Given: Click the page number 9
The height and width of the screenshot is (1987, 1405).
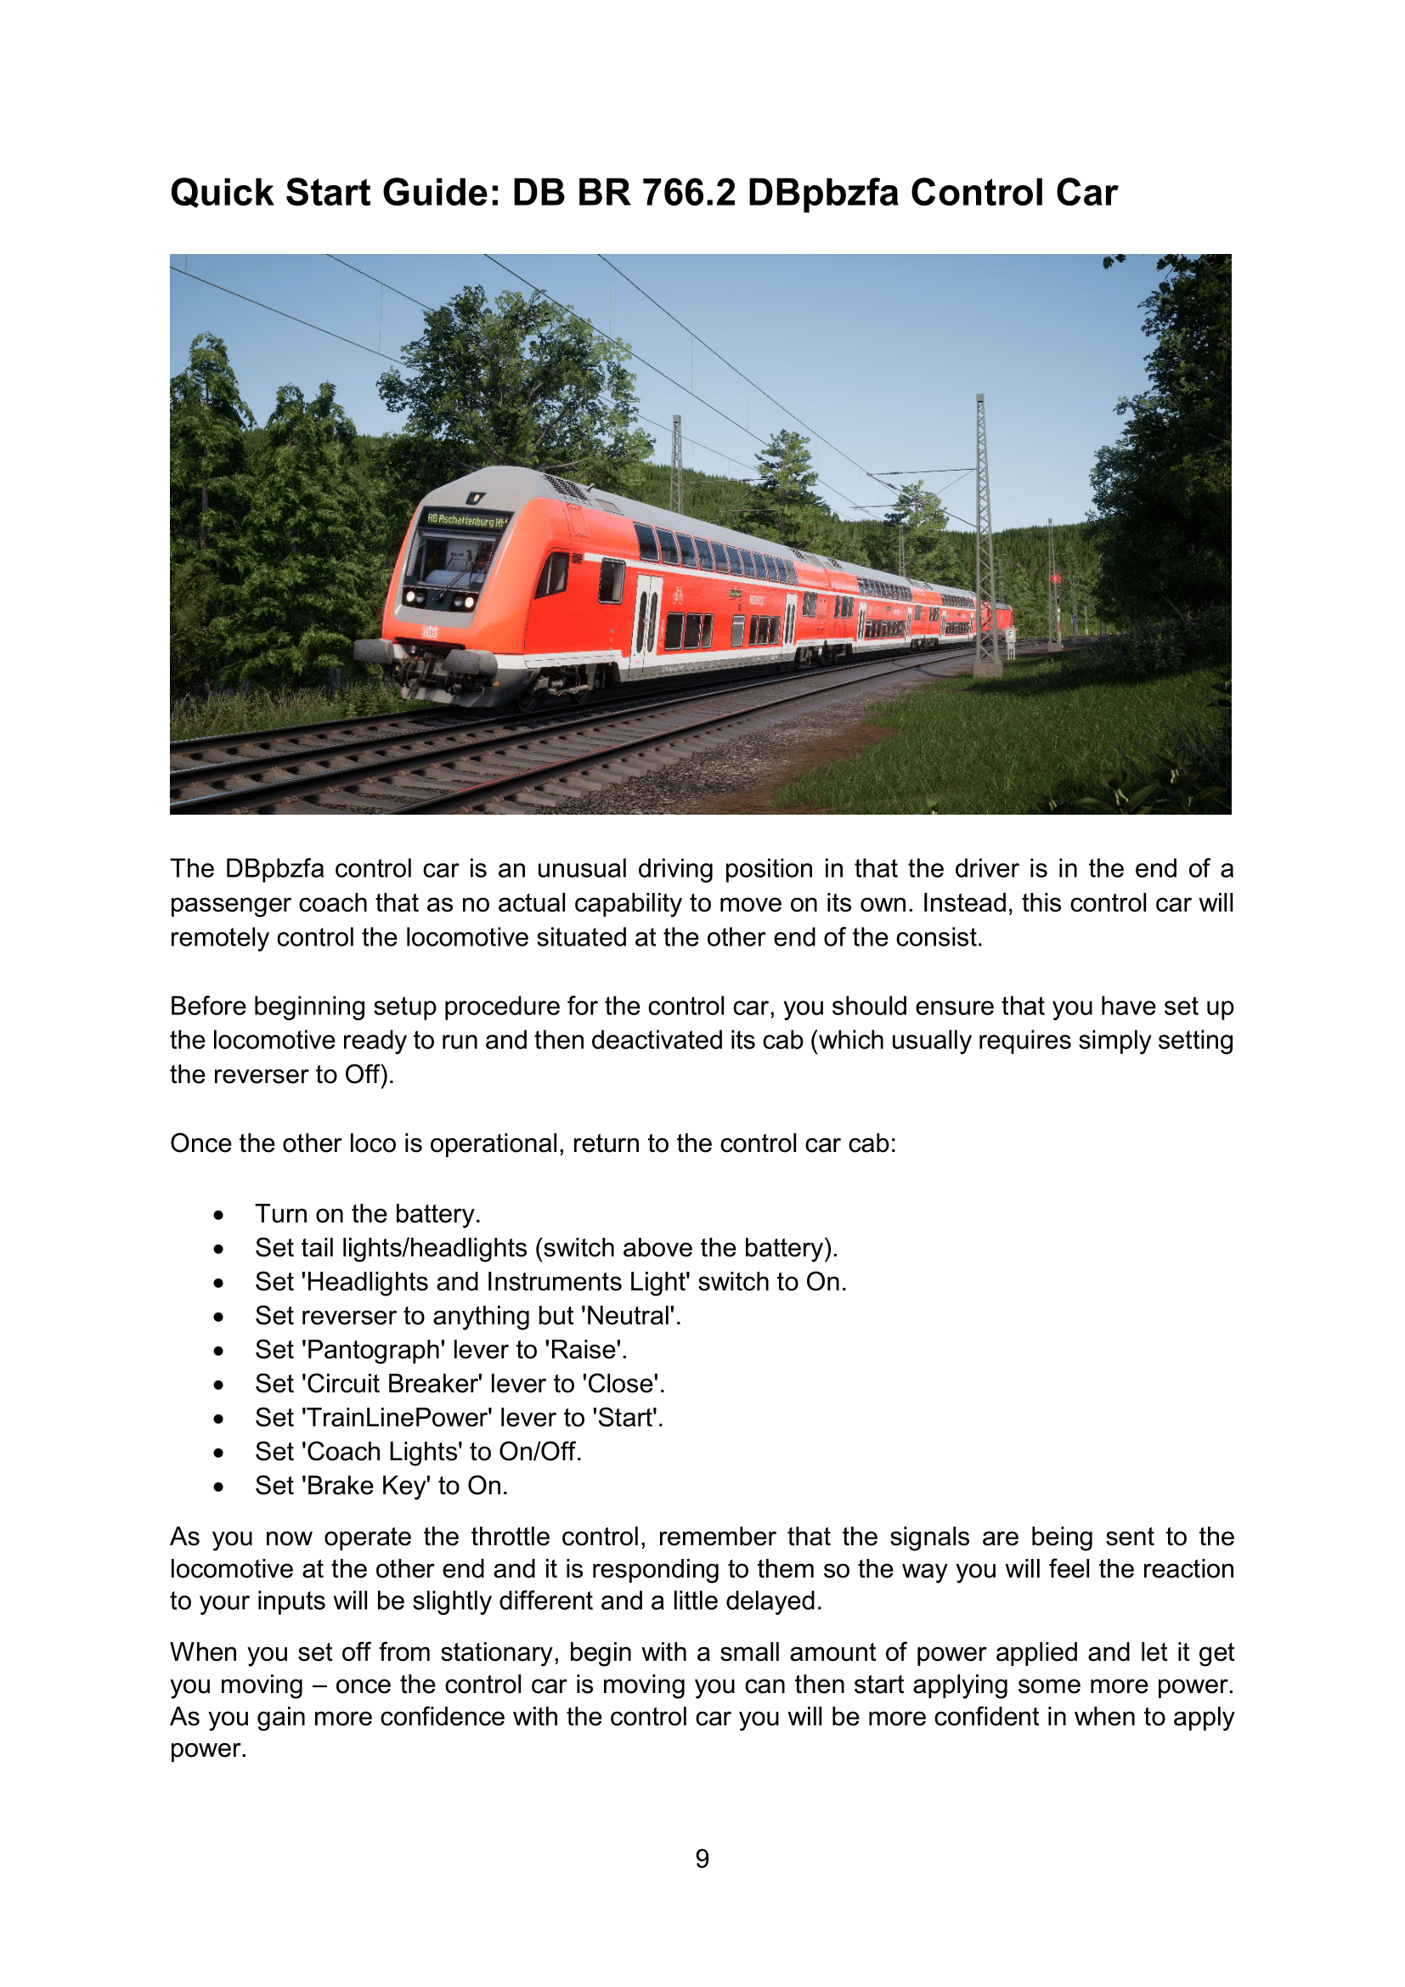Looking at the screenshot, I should coord(702,1858).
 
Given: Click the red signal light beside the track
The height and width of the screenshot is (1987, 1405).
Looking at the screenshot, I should coord(1056,577).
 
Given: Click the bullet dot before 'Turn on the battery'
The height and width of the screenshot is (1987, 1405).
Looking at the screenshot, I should coord(219,1215).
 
